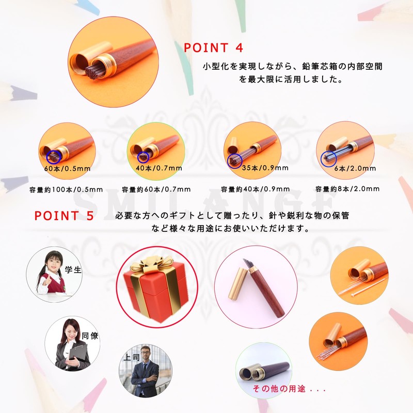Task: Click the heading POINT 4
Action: pos(213,48)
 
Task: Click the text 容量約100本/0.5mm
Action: pos(66,189)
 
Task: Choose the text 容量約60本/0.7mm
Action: pos(155,189)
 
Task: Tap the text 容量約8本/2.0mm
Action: pos(347,189)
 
